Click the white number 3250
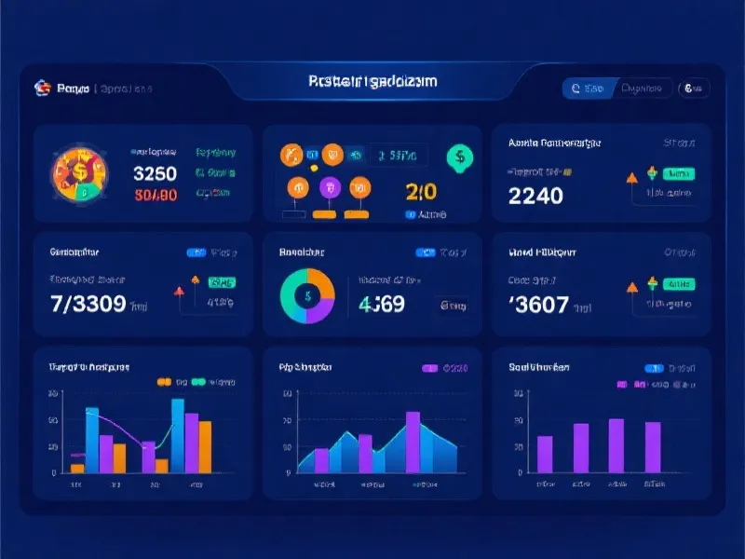[156, 173]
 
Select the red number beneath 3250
[156, 196]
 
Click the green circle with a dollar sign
[457, 157]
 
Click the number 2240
[535, 196]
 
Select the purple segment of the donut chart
[316, 312]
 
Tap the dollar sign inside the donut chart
[307, 295]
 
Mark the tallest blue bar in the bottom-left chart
[177, 436]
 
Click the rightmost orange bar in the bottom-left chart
[205, 447]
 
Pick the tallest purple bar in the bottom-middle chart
[413, 442]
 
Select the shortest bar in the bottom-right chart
[545, 454]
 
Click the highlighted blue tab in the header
[588, 89]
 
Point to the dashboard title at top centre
[372, 82]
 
